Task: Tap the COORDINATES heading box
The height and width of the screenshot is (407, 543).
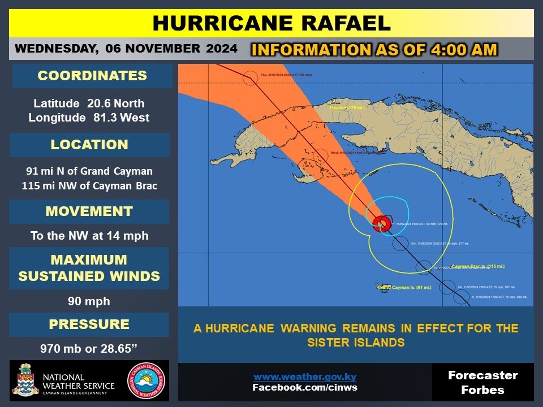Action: pyautogui.click(x=92, y=76)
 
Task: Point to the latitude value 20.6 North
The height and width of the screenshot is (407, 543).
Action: pyautogui.click(x=116, y=103)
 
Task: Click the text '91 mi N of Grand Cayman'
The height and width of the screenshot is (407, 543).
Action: pyautogui.click(x=89, y=171)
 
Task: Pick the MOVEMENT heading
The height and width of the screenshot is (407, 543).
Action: pyautogui.click(x=89, y=211)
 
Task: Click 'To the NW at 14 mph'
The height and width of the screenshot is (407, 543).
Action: pyautogui.click(x=89, y=236)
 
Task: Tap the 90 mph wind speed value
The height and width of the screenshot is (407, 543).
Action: pyautogui.click(x=89, y=301)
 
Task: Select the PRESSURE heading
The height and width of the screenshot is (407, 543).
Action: pyautogui.click(x=89, y=324)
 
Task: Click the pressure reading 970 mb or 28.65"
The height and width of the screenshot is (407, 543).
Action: pyautogui.click(x=89, y=349)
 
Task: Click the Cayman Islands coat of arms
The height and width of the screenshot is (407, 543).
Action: pyautogui.click(x=25, y=380)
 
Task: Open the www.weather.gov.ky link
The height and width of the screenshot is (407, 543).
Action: pyautogui.click(x=304, y=376)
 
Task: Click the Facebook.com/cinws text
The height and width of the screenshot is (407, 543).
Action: pyautogui.click(x=304, y=387)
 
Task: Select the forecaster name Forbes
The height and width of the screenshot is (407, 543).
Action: pyautogui.click(x=482, y=390)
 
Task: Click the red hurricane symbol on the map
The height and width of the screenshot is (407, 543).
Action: pyautogui.click(x=382, y=224)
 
